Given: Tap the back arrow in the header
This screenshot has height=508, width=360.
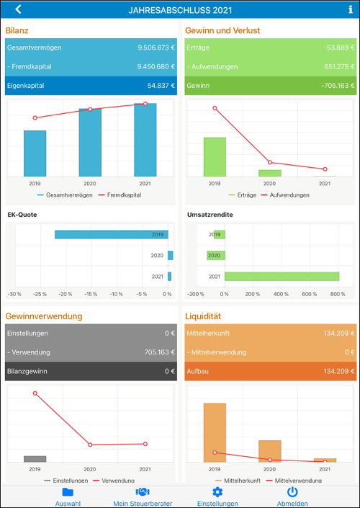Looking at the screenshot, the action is (18, 9).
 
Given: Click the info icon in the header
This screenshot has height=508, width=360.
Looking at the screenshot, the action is (351, 9).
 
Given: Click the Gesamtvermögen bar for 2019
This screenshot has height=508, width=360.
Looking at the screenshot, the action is (35, 153).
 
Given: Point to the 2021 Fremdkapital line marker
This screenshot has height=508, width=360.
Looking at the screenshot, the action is (145, 104).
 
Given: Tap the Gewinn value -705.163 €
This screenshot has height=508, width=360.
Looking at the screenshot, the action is (337, 86).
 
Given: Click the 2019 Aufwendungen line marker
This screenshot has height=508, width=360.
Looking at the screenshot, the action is (215, 108).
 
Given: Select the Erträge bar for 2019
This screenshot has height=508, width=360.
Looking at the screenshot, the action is (215, 157).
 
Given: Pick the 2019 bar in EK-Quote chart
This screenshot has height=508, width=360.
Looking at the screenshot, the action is (112, 235).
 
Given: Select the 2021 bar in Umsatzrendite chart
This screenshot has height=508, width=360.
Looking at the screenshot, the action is (282, 277).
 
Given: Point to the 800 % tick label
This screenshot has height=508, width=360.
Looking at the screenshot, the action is (338, 294).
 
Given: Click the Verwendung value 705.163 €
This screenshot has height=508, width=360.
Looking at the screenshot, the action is (160, 352).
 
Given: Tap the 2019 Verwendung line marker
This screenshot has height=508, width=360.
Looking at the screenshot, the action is (35, 393).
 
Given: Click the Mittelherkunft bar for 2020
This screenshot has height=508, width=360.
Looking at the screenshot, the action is (270, 451).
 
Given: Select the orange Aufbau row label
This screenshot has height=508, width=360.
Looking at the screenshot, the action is (197, 371).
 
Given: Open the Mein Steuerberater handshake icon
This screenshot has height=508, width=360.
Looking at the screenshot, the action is (143, 492).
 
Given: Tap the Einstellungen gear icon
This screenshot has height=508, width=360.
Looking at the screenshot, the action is (217, 492).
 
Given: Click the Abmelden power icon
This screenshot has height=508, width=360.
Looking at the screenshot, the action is (292, 492).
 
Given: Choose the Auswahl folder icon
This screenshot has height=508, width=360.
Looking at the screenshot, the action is (68, 492).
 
